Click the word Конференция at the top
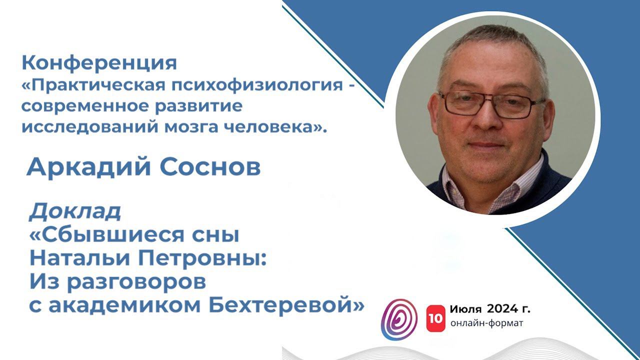(99, 63)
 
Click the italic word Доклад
(75, 212)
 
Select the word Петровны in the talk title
(200, 258)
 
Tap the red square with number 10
(435, 316)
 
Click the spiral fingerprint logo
(399, 319)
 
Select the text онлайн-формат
(486, 323)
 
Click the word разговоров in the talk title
(117, 282)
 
